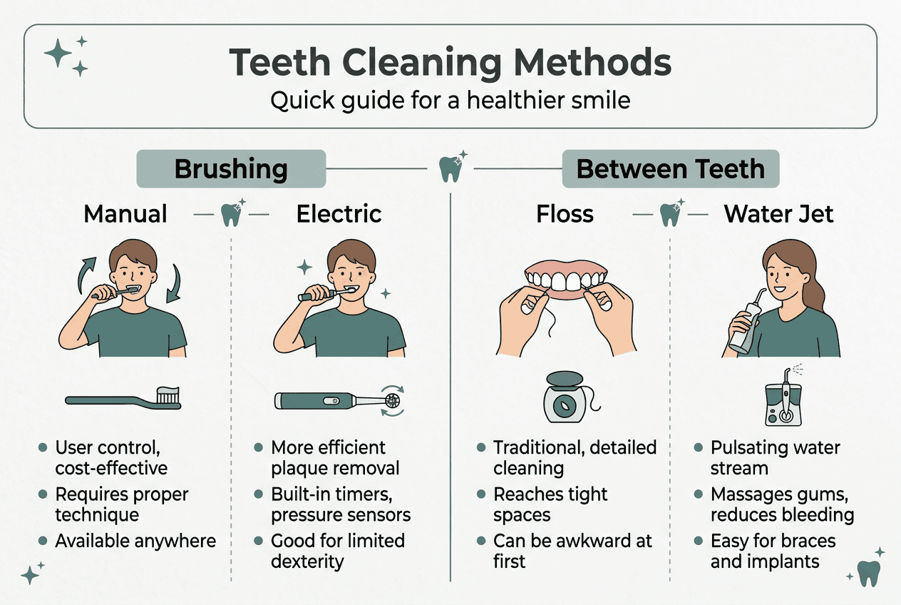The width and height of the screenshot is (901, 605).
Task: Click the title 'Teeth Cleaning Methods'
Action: (x=450, y=63)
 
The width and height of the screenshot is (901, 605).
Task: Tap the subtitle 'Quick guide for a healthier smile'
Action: (x=450, y=100)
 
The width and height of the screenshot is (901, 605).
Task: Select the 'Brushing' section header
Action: (x=231, y=169)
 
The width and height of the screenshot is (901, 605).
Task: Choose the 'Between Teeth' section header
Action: (x=670, y=169)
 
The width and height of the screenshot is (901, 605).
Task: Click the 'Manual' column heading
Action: (x=125, y=213)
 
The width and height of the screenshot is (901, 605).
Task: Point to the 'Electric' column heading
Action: (x=339, y=213)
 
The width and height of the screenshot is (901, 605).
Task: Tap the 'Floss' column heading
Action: (x=565, y=213)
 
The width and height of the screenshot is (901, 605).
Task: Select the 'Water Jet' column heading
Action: (x=778, y=213)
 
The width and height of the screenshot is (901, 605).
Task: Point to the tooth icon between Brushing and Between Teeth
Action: (x=450, y=170)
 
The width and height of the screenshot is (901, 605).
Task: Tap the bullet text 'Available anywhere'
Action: (x=135, y=541)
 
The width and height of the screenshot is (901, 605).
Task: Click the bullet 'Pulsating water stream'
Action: (x=775, y=458)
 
